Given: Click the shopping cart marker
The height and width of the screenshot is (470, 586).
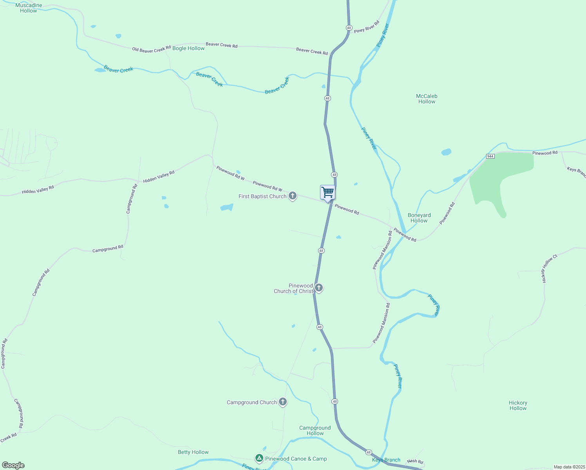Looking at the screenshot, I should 327,193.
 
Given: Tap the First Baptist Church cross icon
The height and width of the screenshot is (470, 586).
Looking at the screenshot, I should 292,196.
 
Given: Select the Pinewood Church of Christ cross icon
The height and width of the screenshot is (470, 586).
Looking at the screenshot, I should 319,288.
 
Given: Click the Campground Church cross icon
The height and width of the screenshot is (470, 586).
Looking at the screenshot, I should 283,402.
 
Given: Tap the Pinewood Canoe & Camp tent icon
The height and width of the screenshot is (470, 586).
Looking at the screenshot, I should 259,458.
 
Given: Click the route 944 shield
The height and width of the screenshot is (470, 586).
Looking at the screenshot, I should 490,156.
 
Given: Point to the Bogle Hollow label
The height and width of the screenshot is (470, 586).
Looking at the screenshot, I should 188,48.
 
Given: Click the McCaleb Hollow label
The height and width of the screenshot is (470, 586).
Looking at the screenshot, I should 427,99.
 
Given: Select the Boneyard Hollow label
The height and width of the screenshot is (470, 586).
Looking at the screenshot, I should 419,218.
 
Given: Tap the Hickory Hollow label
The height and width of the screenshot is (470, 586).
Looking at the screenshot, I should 518,405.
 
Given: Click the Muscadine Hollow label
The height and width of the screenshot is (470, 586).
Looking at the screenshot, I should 29,8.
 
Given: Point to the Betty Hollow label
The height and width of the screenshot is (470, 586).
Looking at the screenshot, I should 193,452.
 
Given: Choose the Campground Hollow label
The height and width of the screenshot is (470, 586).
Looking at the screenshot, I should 315,430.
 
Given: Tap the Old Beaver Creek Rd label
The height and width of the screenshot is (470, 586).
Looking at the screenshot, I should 151,50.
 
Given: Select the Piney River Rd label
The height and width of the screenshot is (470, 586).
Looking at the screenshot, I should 367,27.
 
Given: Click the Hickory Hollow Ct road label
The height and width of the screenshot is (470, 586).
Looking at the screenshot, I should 549,269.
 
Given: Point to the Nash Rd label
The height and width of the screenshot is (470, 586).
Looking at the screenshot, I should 415,461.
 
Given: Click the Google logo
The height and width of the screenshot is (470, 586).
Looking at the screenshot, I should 13,465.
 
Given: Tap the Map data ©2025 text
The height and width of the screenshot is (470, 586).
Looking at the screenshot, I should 569,467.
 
